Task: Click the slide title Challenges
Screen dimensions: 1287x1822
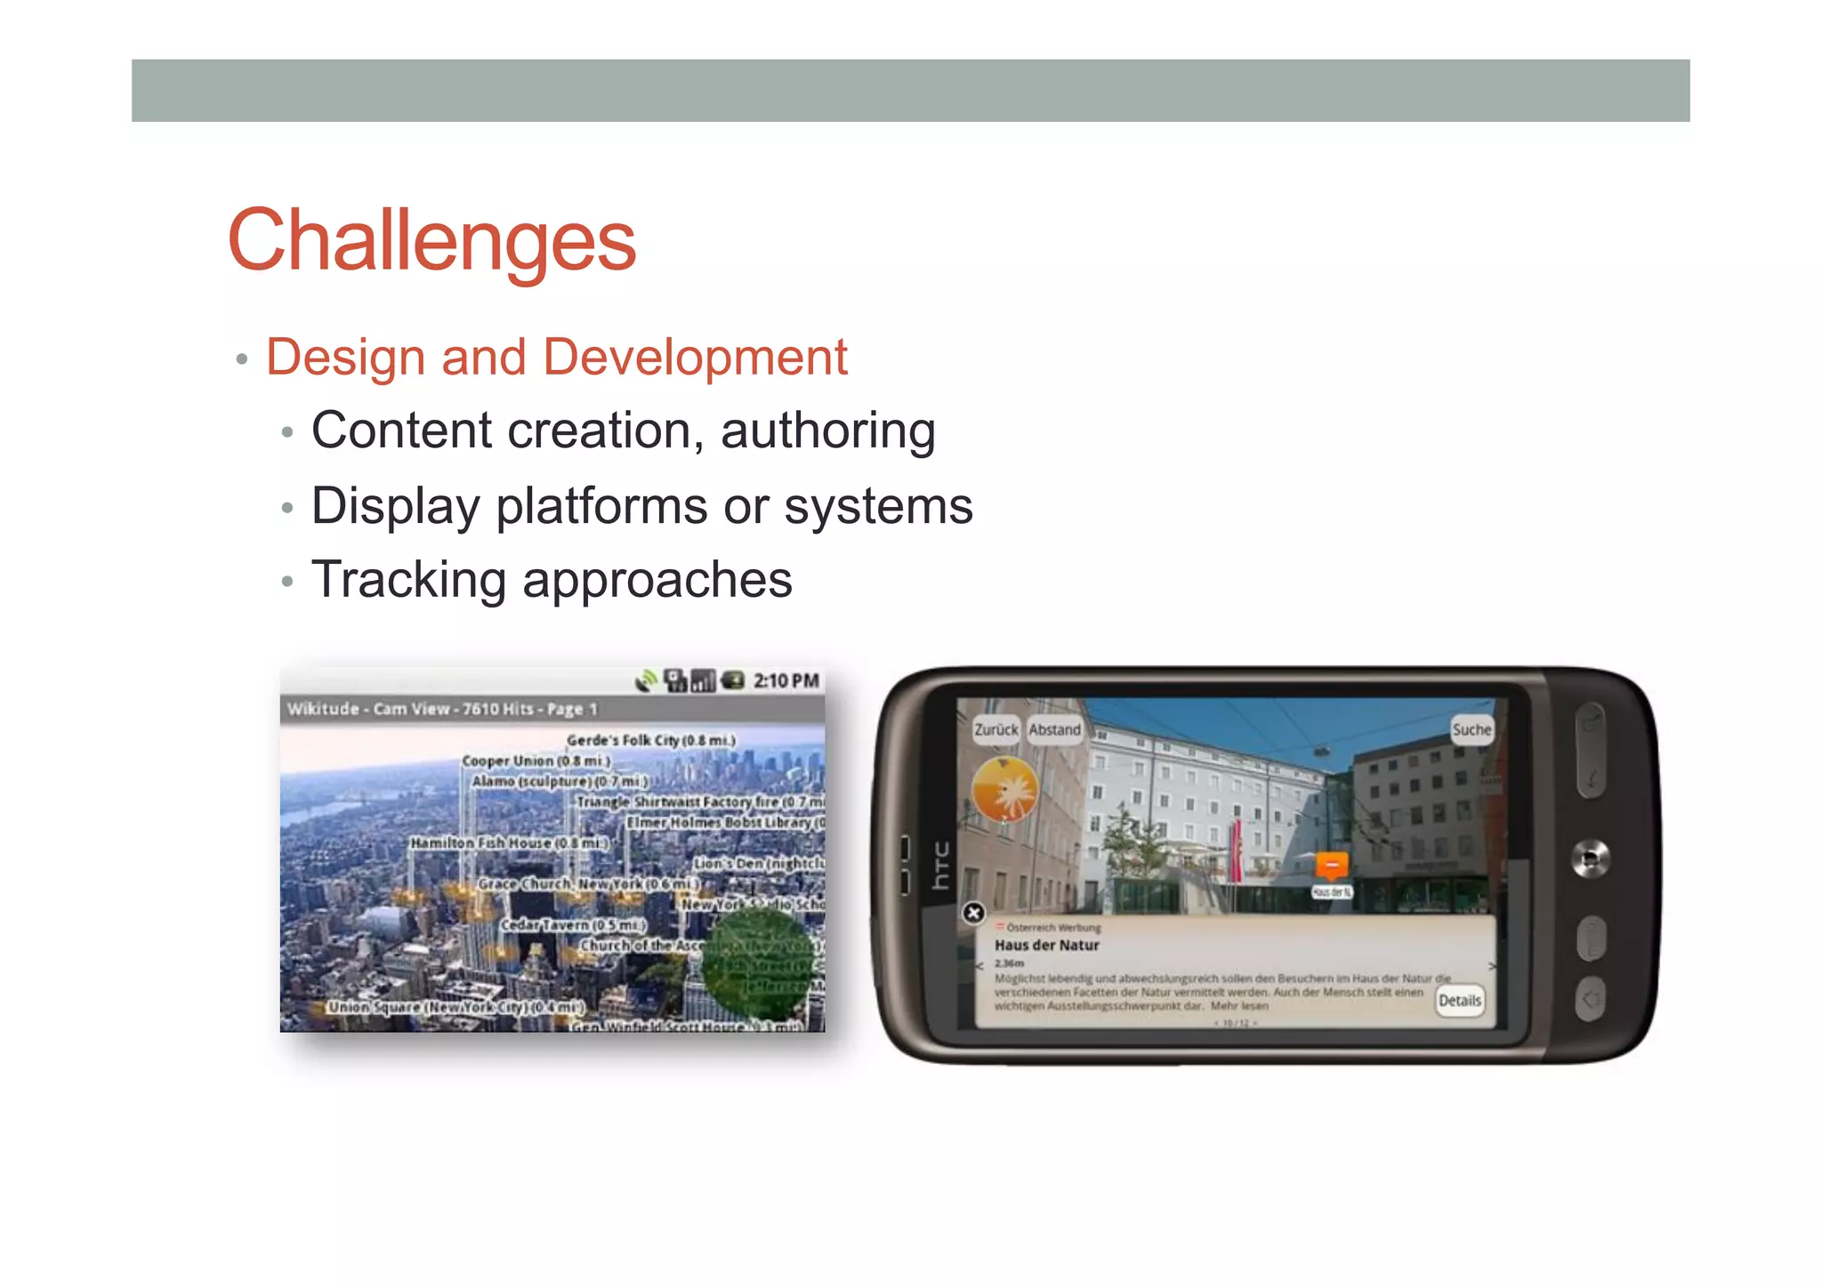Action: (431, 240)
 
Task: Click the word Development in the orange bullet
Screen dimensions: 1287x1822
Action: (695, 358)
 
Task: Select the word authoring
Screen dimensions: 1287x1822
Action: (827, 431)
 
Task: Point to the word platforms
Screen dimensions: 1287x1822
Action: (602, 506)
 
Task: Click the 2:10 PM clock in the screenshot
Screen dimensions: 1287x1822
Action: (786, 681)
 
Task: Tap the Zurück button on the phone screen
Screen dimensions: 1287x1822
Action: (996, 729)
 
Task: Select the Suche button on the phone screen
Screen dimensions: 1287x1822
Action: (1471, 729)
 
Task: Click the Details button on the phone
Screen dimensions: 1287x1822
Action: (1460, 1001)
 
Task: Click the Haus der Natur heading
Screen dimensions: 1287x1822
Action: (1046, 945)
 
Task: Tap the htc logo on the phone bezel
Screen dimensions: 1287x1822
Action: (940, 865)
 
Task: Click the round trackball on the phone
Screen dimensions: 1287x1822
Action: (1590, 858)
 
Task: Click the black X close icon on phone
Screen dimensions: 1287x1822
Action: (974, 913)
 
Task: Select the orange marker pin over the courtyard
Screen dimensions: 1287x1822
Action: (1332, 865)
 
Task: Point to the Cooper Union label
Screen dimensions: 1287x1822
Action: (536, 761)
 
